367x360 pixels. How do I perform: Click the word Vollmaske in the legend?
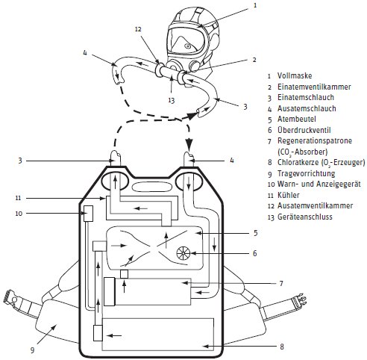(295, 75)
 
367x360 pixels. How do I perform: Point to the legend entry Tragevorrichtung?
(307, 173)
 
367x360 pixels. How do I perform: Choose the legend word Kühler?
(289, 195)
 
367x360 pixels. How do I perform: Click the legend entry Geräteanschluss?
(305, 217)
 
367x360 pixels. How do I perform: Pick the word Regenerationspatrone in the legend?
(315, 140)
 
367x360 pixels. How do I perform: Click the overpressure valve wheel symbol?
(183, 253)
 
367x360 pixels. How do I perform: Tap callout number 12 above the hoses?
(138, 29)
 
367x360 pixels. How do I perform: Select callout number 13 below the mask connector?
(172, 100)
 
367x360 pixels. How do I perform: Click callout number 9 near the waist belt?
(32, 350)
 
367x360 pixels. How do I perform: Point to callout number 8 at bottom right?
(282, 347)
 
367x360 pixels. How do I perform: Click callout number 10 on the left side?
(19, 214)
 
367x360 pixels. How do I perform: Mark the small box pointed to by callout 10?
(88, 214)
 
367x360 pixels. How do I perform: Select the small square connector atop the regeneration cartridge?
(124, 274)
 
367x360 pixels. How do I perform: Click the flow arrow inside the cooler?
(141, 208)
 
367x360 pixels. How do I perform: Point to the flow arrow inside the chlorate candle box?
(114, 336)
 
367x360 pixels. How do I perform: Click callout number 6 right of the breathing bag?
(255, 253)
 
